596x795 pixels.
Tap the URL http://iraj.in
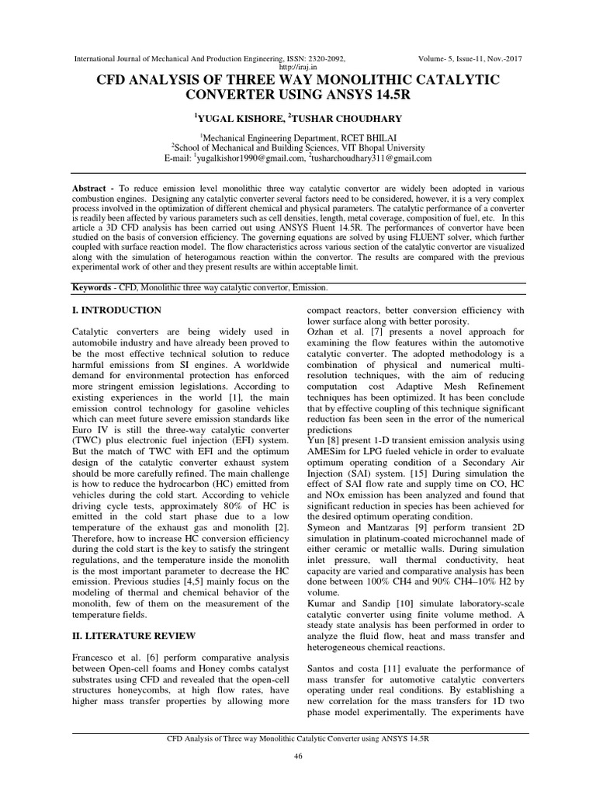(x=298, y=68)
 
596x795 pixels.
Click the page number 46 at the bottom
(x=297, y=755)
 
